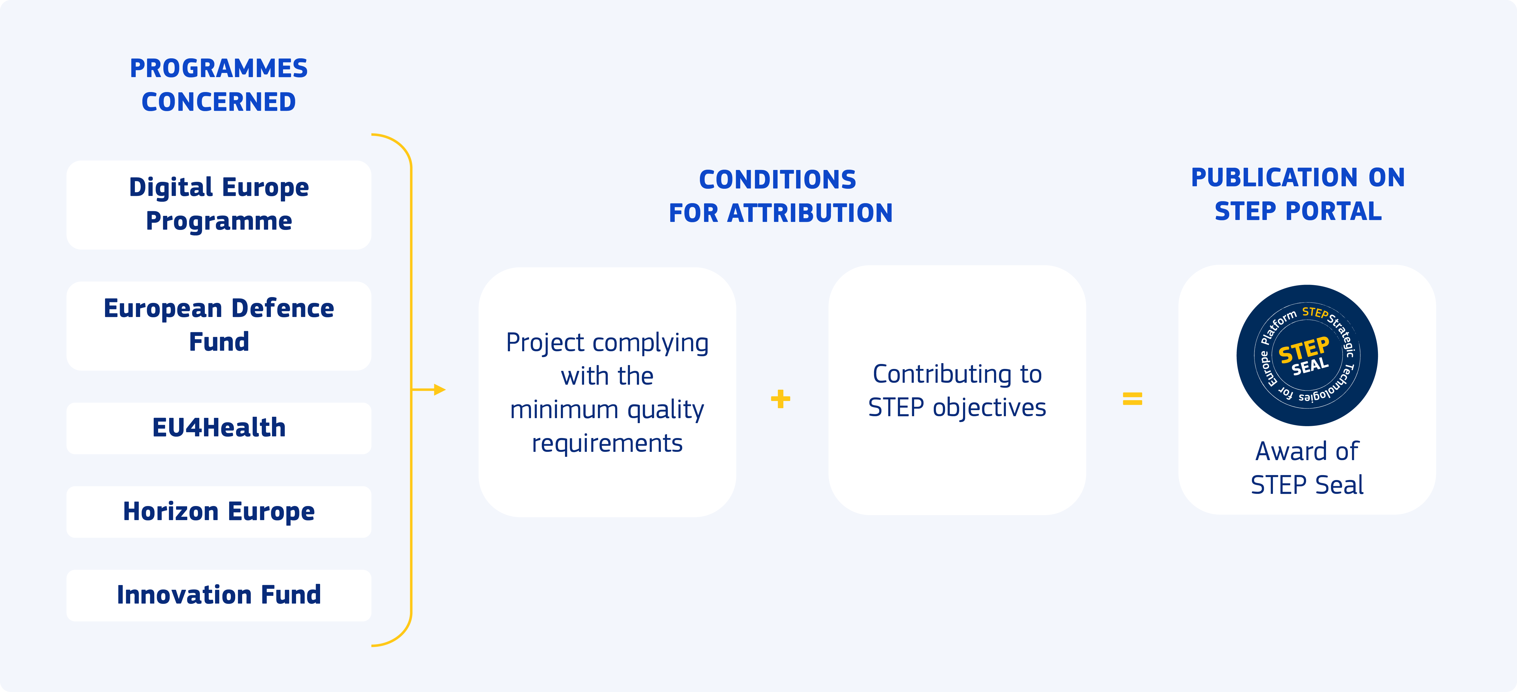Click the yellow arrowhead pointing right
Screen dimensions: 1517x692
click(x=439, y=389)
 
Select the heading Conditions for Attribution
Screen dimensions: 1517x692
click(x=780, y=196)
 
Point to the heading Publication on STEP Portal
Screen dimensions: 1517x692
click(x=1298, y=194)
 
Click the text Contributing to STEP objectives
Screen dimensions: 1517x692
click(x=957, y=390)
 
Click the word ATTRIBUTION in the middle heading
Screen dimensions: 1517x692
click(x=810, y=213)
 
